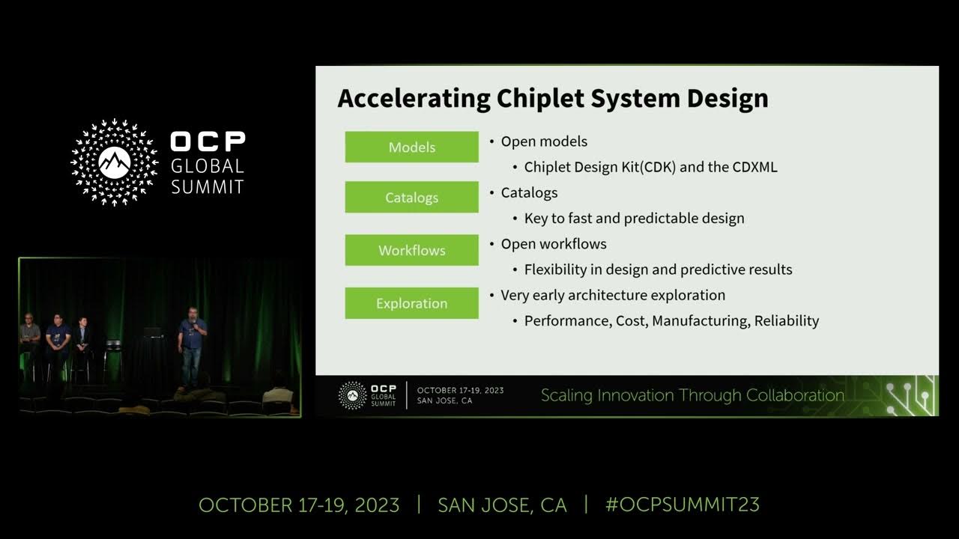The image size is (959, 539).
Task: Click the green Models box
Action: (x=411, y=147)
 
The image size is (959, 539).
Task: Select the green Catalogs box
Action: (x=411, y=198)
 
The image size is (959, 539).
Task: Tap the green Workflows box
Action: (x=411, y=250)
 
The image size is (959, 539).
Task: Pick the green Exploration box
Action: (x=411, y=303)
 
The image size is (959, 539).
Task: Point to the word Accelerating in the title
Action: (x=413, y=98)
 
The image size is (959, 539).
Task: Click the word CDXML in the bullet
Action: (x=754, y=167)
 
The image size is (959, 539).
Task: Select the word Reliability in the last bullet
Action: (x=787, y=320)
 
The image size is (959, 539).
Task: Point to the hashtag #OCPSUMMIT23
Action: (x=682, y=505)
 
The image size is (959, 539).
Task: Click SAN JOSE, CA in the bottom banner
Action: (x=502, y=505)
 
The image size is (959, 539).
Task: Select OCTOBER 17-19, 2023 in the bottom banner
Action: (x=299, y=505)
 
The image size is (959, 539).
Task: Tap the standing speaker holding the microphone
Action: (x=192, y=348)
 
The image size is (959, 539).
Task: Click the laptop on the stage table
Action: (x=153, y=332)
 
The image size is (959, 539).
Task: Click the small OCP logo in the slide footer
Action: (x=353, y=395)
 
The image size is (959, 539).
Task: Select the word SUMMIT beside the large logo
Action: (x=208, y=186)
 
